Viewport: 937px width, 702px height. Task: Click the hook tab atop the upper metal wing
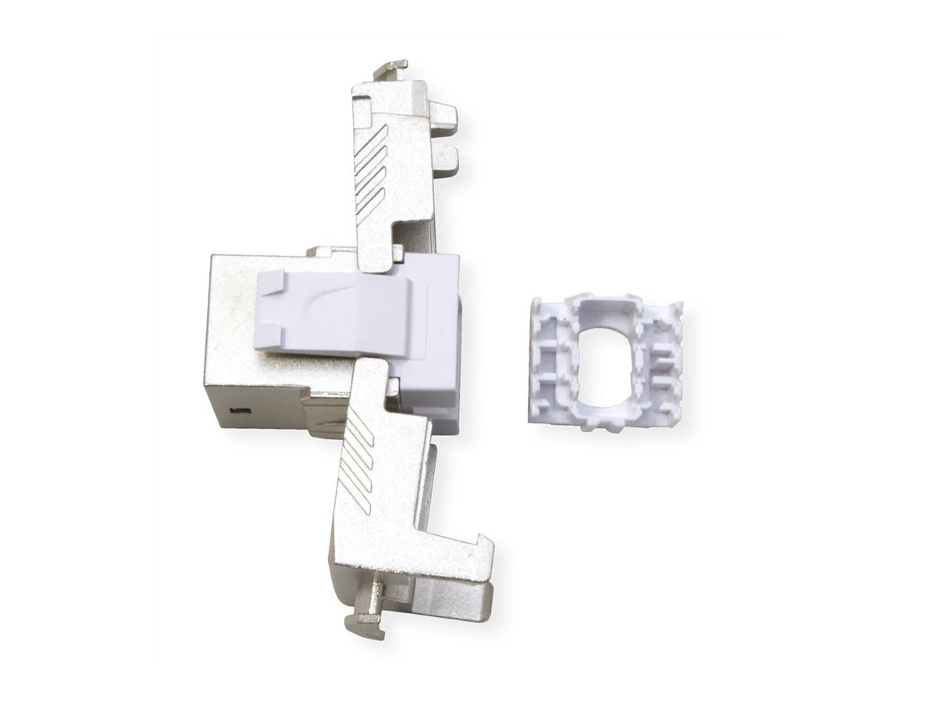point(390,69)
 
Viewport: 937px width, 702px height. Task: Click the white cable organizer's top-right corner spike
point(679,308)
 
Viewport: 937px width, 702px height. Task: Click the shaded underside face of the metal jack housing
point(265,413)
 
